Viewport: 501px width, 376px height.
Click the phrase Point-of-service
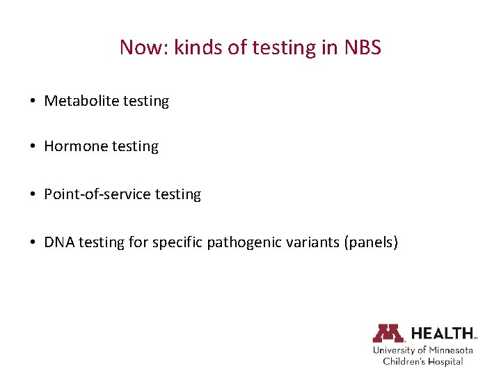(97, 194)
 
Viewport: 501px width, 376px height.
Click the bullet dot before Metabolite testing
(33, 102)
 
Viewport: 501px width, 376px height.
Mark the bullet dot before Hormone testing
(33, 147)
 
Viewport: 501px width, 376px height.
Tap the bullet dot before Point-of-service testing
(33, 195)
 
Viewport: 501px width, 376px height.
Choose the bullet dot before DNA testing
(33, 243)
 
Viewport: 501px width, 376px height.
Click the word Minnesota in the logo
(450, 350)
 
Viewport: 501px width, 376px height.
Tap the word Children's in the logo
(404, 361)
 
